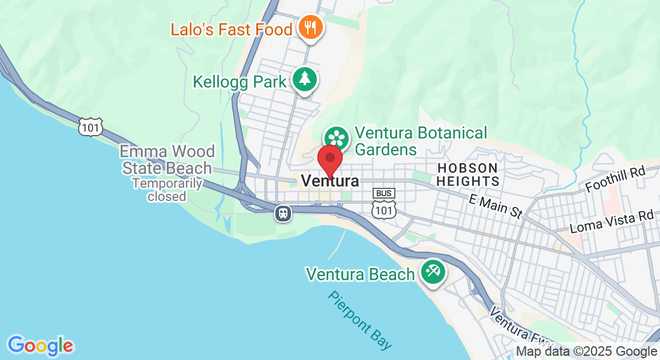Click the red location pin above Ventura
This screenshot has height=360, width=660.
329,159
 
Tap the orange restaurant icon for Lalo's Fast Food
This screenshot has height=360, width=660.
310,27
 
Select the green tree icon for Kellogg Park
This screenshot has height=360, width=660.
305,79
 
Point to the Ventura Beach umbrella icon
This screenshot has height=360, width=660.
433,271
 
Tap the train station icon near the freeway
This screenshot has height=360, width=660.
283,212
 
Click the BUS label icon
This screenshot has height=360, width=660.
384,193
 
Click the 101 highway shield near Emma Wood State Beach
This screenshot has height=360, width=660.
90,126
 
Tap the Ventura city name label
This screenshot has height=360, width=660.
330,181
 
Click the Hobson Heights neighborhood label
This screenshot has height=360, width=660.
467,174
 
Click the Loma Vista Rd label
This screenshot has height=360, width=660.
611,222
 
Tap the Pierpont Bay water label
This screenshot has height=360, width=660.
361,320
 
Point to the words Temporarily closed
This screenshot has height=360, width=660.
167,190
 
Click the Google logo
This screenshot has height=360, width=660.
40,346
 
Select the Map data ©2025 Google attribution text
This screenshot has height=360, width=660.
586,352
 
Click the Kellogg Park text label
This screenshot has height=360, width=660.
239,82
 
